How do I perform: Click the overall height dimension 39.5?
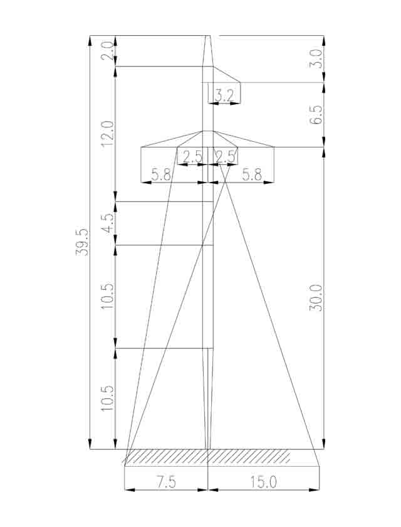click(x=82, y=242)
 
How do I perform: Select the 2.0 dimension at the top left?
click(x=107, y=51)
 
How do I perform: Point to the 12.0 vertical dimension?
click(x=108, y=134)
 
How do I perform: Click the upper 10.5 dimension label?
click(x=108, y=295)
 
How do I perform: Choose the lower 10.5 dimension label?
click(x=108, y=398)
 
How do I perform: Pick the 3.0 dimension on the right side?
click(x=316, y=59)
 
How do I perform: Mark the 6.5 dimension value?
click(x=316, y=115)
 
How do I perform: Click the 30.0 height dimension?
click(x=316, y=297)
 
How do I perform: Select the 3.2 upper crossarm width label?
click(x=224, y=96)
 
